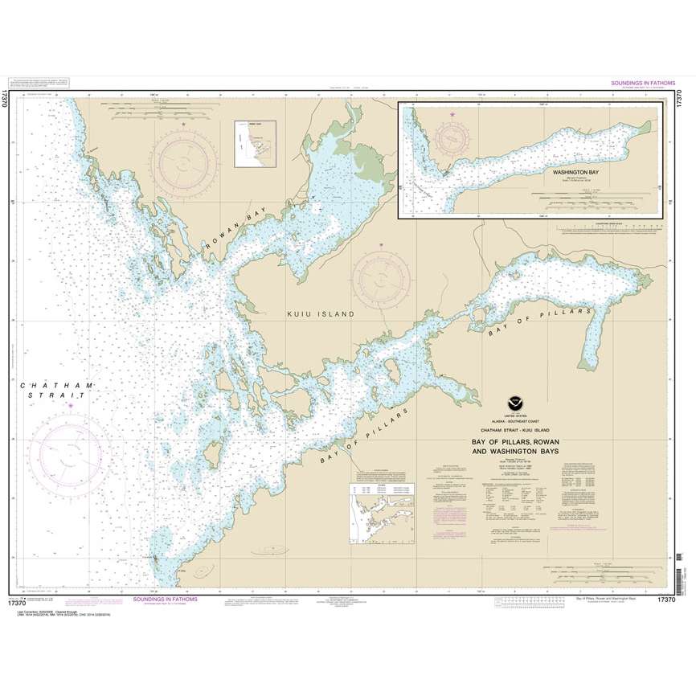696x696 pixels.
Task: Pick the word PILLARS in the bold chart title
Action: [x=514, y=442]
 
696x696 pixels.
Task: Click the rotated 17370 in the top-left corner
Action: [x=6, y=96]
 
